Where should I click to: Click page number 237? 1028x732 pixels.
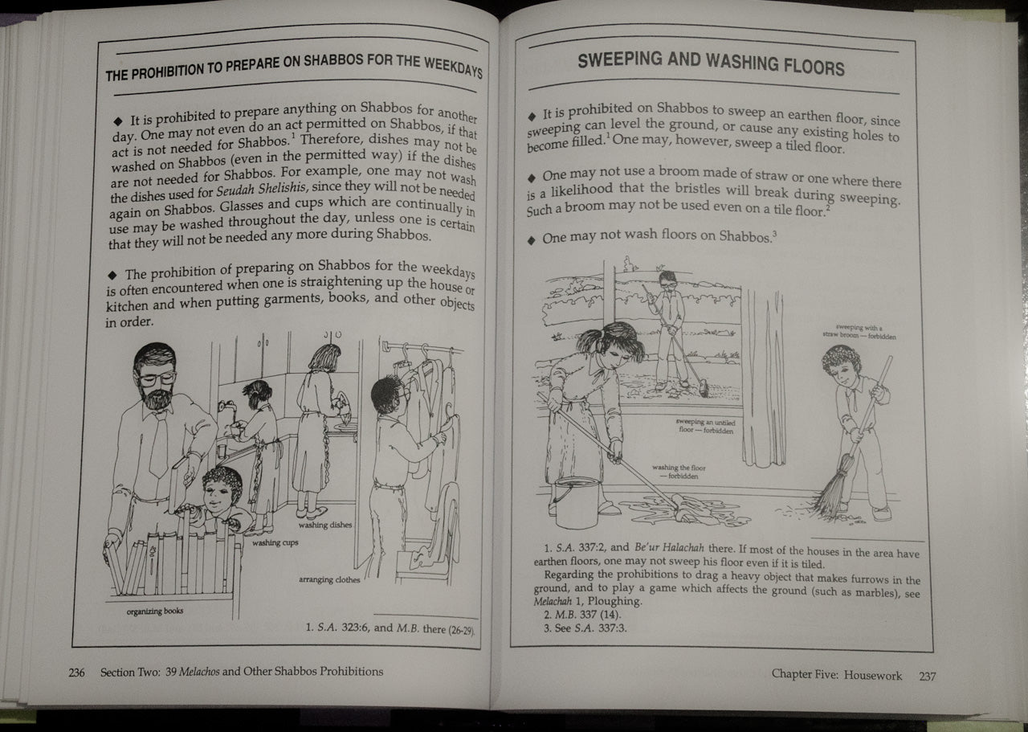tap(927, 676)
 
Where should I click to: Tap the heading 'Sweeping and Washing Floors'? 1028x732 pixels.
tap(711, 63)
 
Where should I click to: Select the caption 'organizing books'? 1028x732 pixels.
tap(155, 611)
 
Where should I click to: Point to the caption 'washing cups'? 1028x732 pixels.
tap(275, 543)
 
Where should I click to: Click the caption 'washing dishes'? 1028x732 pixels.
tap(325, 525)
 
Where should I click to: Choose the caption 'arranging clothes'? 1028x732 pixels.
tap(329, 579)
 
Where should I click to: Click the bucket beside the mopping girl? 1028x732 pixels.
tap(576, 501)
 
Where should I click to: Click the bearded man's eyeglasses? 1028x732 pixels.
tap(157, 377)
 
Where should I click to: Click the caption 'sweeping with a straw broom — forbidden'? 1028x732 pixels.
tap(859, 332)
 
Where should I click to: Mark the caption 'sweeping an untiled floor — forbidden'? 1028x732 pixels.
tap(704, 426)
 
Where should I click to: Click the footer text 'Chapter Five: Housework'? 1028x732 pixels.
tap(836, 675)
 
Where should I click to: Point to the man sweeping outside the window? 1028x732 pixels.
tap(669, 325)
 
